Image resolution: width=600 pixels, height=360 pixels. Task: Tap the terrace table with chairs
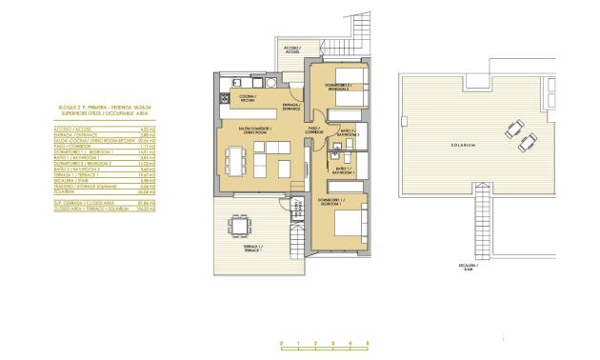(x=236, y=227)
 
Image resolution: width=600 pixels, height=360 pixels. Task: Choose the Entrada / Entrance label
(x=291, y=107)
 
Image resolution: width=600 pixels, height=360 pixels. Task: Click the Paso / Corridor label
(x=313, y=130)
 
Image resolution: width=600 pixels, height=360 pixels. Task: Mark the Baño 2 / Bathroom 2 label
(x=345, y=133)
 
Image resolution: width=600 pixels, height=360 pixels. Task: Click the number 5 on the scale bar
(x=367, y=343)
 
